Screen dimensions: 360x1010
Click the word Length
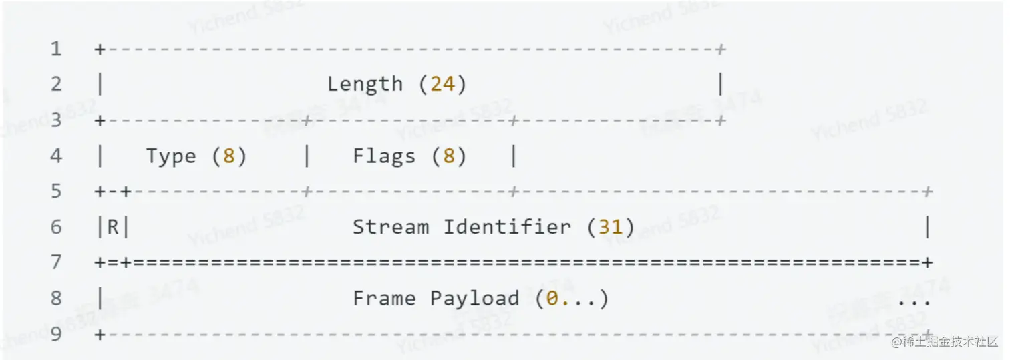tap(365, 85)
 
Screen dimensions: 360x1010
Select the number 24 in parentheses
tap(442, 85)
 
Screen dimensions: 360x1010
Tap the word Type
tap(171, 156)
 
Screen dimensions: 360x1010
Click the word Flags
tap(384, 156)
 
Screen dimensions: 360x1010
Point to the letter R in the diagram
tap(113, 228)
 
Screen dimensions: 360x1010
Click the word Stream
tap(391, 228)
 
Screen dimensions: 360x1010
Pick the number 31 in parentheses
tap(610, 228)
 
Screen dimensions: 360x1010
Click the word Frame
tap(384, 299)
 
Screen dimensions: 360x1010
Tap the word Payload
tap(474, 299)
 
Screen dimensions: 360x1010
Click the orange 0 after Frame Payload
tap(552, 299)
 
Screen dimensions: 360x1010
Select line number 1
tap(55, 49)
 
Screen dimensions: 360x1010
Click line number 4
tap(55, 156)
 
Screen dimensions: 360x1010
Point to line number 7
tap(55, 262)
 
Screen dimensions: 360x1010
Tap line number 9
tap(55, 334)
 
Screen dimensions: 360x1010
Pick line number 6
tap(55, 228)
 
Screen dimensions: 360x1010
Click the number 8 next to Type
tap(229, 156)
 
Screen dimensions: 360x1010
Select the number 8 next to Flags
tap(449, 156)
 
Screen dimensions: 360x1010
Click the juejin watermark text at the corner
tap(943, 343)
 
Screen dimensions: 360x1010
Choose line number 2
tap(55, 85)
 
